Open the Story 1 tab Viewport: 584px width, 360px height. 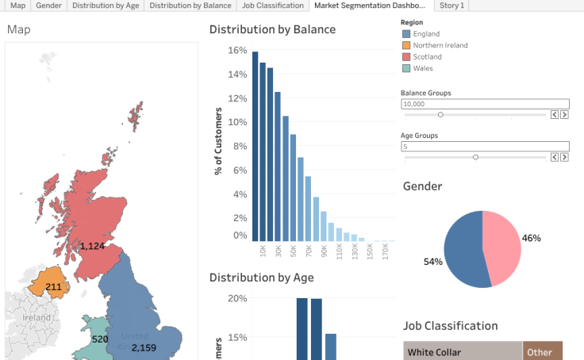(x=452, y=6)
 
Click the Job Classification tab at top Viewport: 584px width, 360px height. (x=272, y=6)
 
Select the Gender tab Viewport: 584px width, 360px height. (x=48, y=6)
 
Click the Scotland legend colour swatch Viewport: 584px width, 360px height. (x=407, y=57)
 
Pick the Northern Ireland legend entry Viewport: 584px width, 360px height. (x=440, y=45)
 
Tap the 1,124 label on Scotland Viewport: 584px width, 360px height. (x=92, y=247)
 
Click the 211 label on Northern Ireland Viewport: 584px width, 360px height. (x=53, y=287)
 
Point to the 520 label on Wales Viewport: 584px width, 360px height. (x=100, y=339)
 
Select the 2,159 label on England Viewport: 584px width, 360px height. (x=144, y=348)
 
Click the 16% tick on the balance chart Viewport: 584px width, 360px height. (x=237, y=51)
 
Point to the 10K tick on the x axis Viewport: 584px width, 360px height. (x=263, y=251)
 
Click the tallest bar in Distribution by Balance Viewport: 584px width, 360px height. (x=255, y=146)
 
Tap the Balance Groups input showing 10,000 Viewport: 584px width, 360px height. (x=485, y=104)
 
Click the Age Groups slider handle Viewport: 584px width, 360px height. (x=475, y=157)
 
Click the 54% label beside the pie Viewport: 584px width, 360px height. (x=433, y=262)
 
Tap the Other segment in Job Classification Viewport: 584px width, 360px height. (x=542, y=351)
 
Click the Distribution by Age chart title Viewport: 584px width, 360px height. (x=261, y=278)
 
